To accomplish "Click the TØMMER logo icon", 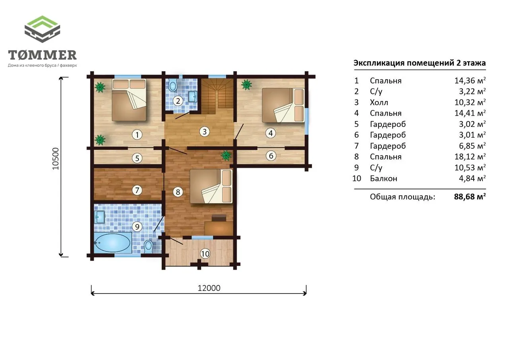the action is [42, 29].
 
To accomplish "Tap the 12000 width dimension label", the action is [209, 288].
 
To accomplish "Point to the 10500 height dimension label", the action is [55, 159].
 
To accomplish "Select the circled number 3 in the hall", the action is [204, 132].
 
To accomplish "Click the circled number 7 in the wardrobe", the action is [137, 190].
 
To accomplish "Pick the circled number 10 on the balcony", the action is [205, 254].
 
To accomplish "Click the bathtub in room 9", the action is [113, 243].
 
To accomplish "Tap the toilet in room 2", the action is [173, 85].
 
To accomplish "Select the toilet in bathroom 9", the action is [149, 246].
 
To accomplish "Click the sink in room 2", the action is [193, 97].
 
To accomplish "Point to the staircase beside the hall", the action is [218, 96].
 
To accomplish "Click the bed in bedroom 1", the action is [129, 100].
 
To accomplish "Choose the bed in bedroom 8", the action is [211, 186].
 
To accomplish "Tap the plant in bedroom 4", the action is [247, 85].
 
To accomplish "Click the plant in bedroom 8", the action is [226, 156].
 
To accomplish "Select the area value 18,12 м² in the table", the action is [470, 156].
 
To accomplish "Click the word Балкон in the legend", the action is [384, 179].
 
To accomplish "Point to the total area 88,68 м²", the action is [470, 197].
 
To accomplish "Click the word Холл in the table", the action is [379, 102].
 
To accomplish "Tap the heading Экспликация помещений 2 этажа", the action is [420, 63].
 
